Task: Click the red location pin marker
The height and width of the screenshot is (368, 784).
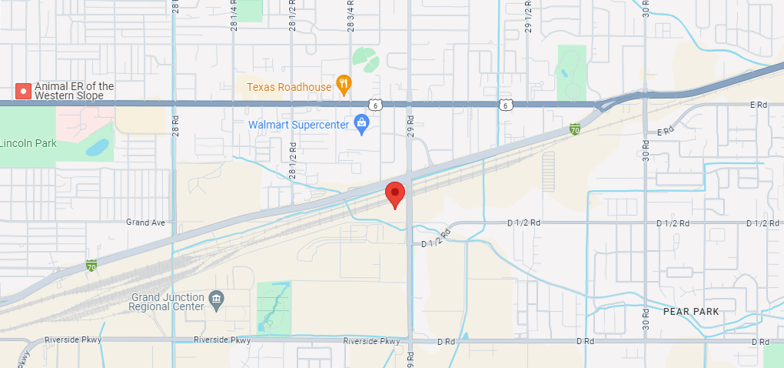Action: coord(395,194)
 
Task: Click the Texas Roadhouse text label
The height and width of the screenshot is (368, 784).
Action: coord(289,86)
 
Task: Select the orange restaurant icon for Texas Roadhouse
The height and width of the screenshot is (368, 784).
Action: coord(344,85)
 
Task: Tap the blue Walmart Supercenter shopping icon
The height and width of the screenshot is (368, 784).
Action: coord(361,123)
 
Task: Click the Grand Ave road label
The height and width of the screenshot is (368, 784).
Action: coord(146,222)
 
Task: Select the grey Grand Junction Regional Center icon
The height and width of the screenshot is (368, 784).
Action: coord(216,299)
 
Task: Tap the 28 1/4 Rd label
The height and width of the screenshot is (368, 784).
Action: coord(233,15)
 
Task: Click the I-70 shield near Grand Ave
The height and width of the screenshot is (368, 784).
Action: coord(91,266)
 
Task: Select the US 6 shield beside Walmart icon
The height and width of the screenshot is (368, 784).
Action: coord(374,104)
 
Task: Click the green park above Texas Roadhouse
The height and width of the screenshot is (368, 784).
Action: coord(365,58)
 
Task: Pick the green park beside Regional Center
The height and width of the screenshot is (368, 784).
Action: coord(274,307)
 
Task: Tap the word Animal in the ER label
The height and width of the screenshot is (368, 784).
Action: coord(49,86)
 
